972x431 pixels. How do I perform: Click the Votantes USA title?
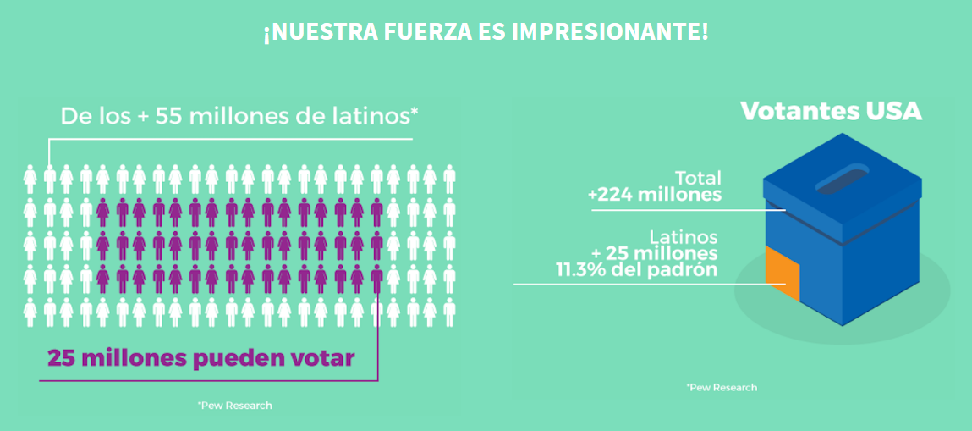[x=831, y=111]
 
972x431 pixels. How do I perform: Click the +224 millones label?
[x=655, y=195]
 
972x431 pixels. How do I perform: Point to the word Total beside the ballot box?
[x=698, y=178]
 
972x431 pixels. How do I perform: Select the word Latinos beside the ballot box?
[x=684, y=237]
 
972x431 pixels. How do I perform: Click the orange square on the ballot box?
[x=783, y=274]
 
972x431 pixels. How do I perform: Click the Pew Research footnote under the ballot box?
[x=722, y=387]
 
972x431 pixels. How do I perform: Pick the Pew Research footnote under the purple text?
[x=234, y=406]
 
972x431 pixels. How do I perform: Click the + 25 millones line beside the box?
[x=655, y=253]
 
